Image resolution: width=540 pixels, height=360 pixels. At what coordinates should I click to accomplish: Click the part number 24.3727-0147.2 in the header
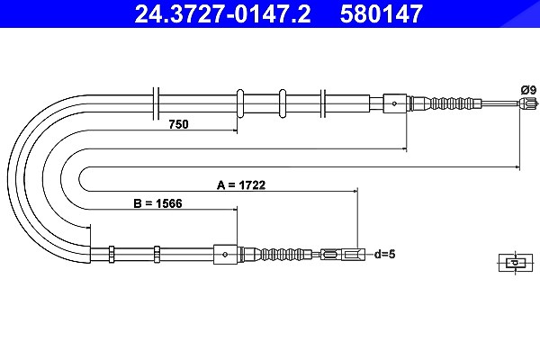click(x=222, y=13)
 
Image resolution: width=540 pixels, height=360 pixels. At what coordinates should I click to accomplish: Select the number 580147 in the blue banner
click(x=382, y=13)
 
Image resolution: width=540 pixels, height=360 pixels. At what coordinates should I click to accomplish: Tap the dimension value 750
click(x=179, y=124)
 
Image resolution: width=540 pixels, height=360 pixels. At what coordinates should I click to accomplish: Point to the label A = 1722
click(x=241, y=185)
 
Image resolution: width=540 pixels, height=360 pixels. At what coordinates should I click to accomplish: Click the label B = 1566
click(x=157, y=203)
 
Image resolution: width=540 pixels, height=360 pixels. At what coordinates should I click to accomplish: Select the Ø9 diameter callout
click(x=528, y=90)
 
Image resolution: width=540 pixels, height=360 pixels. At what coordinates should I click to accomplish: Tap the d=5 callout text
click(x=384, y=254)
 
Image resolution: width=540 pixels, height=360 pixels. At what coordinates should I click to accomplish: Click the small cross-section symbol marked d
click(x=516, y=263)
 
